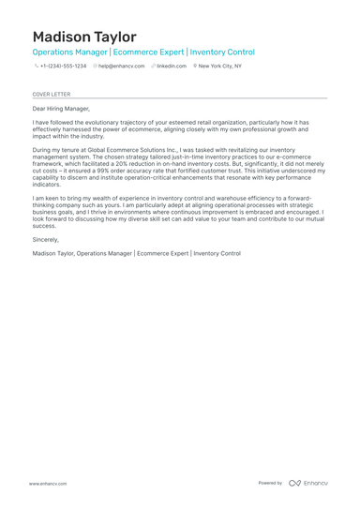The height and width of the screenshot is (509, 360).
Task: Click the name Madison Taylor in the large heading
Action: pos(83,37)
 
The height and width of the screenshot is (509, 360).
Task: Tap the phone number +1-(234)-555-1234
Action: pos(62,67)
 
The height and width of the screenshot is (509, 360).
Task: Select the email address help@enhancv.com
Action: pos(121,67)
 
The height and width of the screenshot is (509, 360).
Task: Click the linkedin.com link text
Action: pos(172,67)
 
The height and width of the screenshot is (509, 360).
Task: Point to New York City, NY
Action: pos(219,67)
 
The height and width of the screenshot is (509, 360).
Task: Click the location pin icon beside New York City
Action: pos(195,67)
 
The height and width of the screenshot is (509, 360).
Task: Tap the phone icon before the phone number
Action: pos(36,67)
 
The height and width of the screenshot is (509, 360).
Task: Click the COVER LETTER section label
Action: pos(51,94)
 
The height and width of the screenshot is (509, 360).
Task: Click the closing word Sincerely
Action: pos(48,239)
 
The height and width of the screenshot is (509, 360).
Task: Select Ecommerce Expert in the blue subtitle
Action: pos(149,52)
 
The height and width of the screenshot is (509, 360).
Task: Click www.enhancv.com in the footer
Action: pos(47,483)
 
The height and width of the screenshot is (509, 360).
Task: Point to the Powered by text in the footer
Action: pos(270,483)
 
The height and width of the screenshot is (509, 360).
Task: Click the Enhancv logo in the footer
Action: pos(308,483)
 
